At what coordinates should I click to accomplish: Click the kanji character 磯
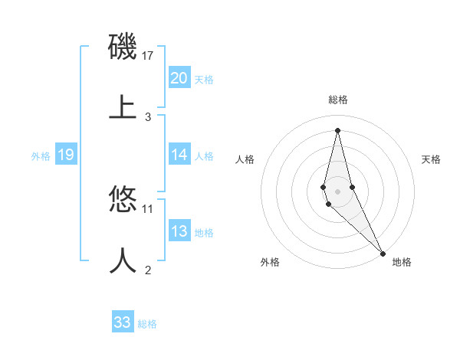123,48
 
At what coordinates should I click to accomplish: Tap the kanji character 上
123,106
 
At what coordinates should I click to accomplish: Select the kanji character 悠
123,201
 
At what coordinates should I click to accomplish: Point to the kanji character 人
123,260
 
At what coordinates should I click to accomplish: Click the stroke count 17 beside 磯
149,56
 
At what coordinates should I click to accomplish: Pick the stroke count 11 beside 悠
148,208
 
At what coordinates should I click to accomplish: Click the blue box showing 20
179,77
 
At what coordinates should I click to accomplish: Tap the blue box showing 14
179,155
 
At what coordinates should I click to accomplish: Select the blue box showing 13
179,231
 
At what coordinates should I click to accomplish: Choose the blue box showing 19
65,155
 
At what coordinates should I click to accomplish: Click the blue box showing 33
122,322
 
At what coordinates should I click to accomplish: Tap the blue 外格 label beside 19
41,155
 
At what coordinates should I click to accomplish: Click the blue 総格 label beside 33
147,324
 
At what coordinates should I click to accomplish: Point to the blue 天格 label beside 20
204,79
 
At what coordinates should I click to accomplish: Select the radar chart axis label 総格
338,100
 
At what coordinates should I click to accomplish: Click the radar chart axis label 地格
402,262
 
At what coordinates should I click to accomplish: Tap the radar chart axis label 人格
245,159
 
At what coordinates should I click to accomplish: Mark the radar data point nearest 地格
383,252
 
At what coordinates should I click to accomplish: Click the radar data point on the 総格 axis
338,129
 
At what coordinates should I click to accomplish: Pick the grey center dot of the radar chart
338,191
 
